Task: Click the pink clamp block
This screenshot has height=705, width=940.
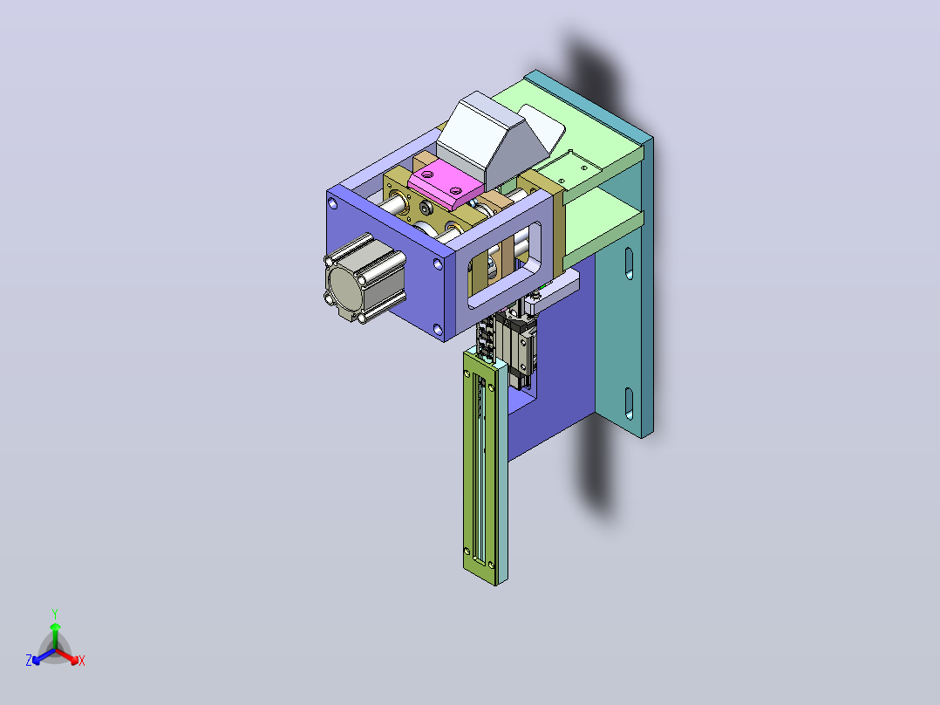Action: (445, 181)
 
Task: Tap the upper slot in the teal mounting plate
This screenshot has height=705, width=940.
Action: (629, 264)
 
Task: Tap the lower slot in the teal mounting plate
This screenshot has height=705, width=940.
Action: (629, 403)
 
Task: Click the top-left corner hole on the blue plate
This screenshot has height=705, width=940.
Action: (333, 204)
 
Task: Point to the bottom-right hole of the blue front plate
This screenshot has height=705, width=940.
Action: (437, 330)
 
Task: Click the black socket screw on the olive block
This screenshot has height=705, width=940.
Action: (426, 209)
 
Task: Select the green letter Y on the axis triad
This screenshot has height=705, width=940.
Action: (55, 613)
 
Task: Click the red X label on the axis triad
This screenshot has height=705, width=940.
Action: (82, 661)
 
